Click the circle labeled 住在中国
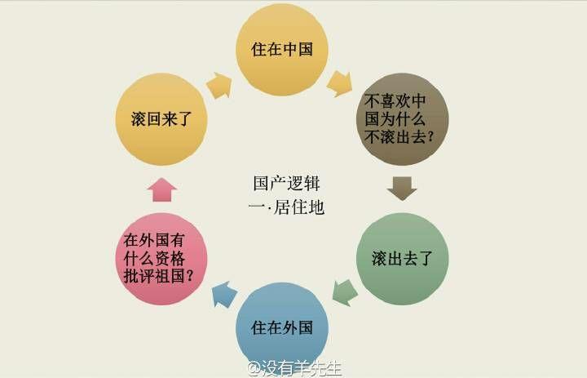[282, 50]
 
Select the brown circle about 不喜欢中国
[403, 119]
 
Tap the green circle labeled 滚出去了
[403, 259]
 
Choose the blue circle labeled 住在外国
[282, 328]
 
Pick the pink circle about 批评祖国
[161, 259]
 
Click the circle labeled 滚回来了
[161, 119]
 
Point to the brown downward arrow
[402, 189]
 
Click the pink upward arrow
[162, 189]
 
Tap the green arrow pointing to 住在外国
[345, 292]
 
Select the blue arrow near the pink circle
[224, 294]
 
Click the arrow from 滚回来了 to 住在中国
[219, 86]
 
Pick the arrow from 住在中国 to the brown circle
[340, 83]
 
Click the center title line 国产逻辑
[286, 184]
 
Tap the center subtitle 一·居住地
[286, 207]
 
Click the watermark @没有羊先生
[294, 368]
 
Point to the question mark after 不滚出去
[430, 137]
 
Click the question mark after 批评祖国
[189, 277]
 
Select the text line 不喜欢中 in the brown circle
[395, 101]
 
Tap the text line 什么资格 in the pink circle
[154, 258]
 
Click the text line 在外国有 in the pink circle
[154, 240]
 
